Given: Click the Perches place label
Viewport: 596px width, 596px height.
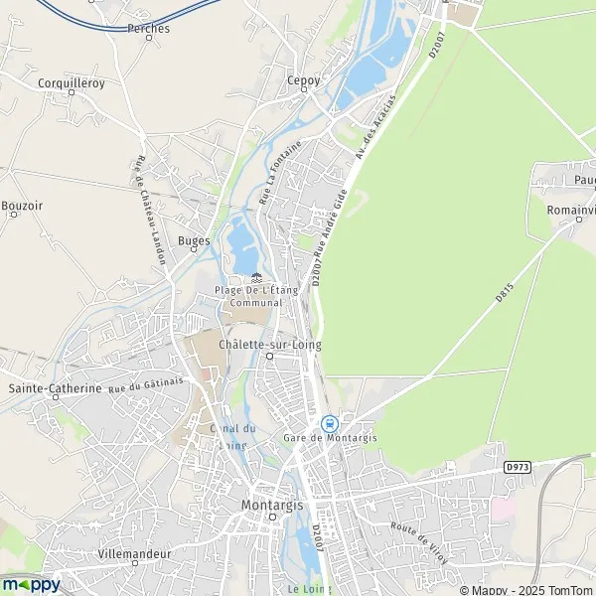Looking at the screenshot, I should tap(148, 29).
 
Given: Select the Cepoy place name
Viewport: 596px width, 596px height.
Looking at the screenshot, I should tap(302, 80).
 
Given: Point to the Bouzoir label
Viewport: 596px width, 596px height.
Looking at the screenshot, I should tap(22, 206).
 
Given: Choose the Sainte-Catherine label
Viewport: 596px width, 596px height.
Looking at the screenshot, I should tap(55, 388).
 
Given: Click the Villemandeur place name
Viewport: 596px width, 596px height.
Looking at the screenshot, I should tap(135, 552).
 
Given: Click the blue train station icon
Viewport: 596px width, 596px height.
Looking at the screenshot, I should tap(329, 423).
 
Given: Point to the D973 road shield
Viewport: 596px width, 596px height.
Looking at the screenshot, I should tap(518, 466).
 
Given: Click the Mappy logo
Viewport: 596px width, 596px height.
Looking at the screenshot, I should tap(32, 584).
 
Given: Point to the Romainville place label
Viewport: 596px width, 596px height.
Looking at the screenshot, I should tap(570, 211).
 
